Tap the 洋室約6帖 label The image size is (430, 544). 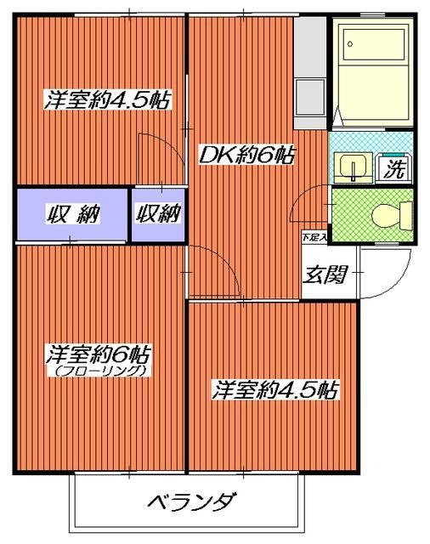pyautogui.click(x=99, y=353)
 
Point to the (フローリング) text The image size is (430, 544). pyautogui.click(x=99, y=371)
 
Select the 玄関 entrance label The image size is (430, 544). pyautogui.click(x=321, y=275)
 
